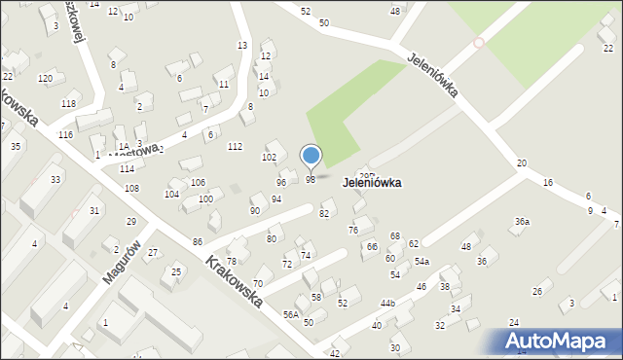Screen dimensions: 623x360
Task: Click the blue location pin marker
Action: click(x=311, y=156)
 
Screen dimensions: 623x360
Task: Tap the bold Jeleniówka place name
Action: click(x=385, y=182)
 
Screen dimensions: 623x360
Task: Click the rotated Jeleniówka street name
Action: click(x=433, y=73)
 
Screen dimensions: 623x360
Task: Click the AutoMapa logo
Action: click(x=560, y=342)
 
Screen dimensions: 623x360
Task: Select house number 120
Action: click(x=45, y=78)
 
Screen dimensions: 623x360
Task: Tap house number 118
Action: click(x=67, y=103)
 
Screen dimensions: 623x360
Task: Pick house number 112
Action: click(x=235, y=146)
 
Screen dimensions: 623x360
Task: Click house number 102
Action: click(x=269, y=157)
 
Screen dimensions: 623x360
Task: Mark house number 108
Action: click(x=131, y=188)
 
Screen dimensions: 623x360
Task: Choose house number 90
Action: click(x=255, y=210)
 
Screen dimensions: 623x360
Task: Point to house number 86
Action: click(x=198, y=240)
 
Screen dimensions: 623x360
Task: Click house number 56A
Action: click(x=291, y=314)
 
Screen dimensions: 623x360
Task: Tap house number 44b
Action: click(x=387, y=304)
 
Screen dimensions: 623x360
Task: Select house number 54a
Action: click(x=421, y=262)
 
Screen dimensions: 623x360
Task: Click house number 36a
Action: click(x=522, y=222)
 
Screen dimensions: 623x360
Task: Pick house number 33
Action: click(x=55, y=180)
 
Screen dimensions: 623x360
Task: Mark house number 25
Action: click(x=176, y=271)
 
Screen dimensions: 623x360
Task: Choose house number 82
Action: click(x=324, y=213)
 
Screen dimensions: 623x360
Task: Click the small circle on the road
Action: click(x=478, y=43)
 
